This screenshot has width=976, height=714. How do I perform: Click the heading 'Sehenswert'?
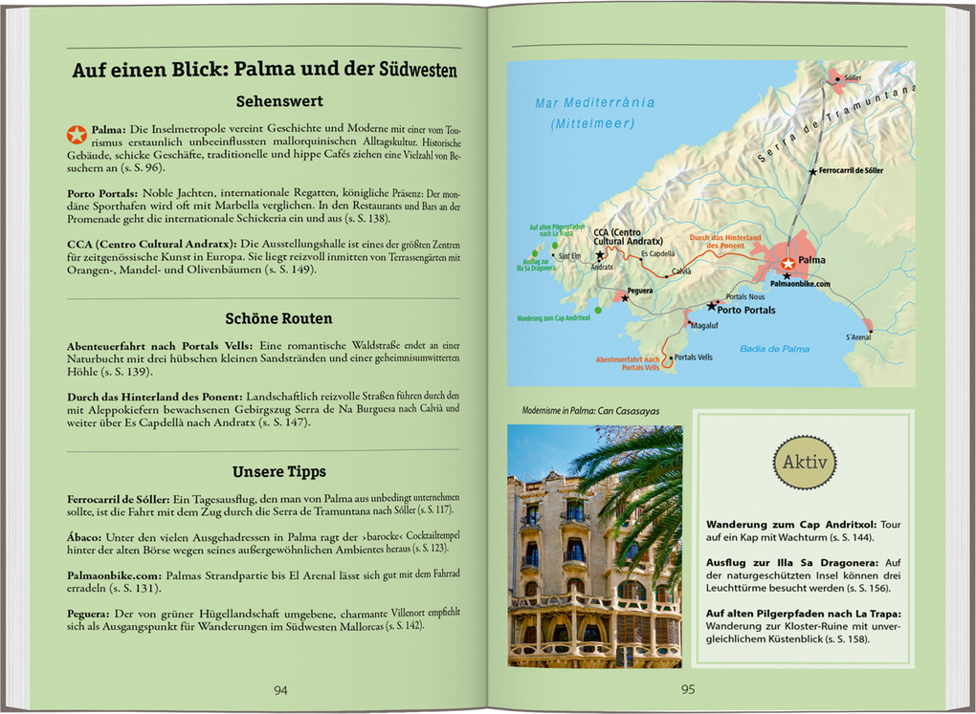coord(278,101)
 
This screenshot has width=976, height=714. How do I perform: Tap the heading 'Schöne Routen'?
coord(278,319)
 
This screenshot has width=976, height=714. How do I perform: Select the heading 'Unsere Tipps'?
coord(278,472)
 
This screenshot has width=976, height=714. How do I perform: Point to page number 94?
coord(280,690)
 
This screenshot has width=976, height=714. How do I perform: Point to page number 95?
coord(687,690)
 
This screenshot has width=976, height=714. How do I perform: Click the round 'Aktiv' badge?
coord(805,462)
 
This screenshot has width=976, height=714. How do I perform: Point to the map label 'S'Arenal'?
coord(859,337)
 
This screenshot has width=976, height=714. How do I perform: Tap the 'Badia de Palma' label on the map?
coord(775,349)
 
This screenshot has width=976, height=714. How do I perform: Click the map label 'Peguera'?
coord(640,291)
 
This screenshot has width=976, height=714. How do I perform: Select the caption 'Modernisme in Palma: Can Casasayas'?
coord(591,411)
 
